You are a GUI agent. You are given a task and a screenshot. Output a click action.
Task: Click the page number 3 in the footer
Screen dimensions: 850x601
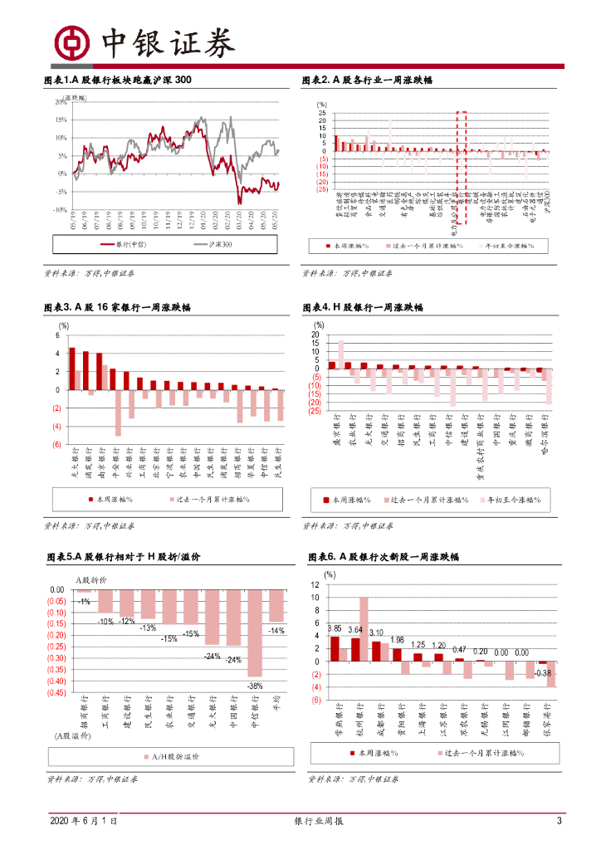point(559,821)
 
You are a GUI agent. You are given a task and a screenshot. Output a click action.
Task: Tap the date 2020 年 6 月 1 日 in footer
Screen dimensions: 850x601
point(82,821)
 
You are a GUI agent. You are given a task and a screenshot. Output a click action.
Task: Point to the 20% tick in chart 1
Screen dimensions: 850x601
point(61,102)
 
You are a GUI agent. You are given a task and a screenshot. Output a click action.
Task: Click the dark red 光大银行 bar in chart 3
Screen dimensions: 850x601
point(72,369)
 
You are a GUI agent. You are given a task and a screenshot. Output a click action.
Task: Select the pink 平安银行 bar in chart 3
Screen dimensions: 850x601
point(119,413)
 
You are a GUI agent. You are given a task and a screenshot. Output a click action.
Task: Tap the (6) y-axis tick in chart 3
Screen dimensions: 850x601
point(58,445)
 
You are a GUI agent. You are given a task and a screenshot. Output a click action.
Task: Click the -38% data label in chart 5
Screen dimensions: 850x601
point(255,686)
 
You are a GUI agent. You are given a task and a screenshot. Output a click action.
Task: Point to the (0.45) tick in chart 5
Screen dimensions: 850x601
point(56,692)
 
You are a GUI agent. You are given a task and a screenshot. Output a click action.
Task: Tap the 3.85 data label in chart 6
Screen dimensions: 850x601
point(335,628)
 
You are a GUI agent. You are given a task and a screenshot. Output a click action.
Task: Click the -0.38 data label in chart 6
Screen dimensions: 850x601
point(543,672)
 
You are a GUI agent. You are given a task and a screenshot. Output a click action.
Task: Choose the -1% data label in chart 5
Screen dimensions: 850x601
point(84,601)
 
